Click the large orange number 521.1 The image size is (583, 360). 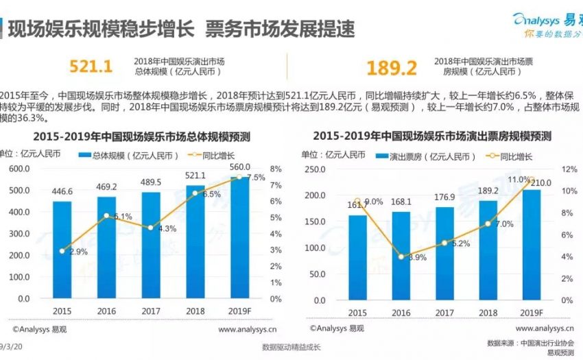pyautogui.click(x=91, y=67)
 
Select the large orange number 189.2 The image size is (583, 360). pyautogui.click(x=392, y=68)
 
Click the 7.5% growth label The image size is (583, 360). pyautogui.click(x=256, y=177)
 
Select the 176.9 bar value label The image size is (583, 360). pyautogui.click(x=444, y=199)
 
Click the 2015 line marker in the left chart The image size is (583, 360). pyautogui.click(x=62, y=251)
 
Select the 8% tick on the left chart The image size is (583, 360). pyautogui.click(x=276, y=169)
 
